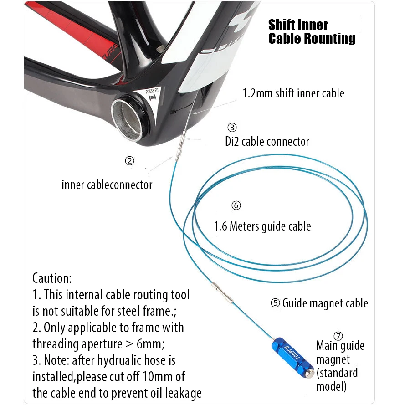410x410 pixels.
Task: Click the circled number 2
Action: pyautogui.click(x=130, y=161)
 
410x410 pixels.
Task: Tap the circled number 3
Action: pyautogui.click(x=232, y=127)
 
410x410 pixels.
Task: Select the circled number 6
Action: pyautogui.click(x=236, y=205)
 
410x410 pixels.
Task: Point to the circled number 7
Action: pyautogui.click(x=338, y=336)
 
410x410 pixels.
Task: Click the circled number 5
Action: pyautogui.click(x=275, y=303)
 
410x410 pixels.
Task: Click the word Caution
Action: pyautogui.click(x=52, y=278)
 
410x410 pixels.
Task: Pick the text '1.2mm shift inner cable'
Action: pyautogui.click(x=293, y=93)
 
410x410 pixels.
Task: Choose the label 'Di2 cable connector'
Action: pyautogui.click(x=267, y=142)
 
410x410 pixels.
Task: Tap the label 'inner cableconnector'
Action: pyautogui.click(x=107, y=185)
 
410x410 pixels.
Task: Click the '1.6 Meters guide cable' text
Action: pyautogui.click(x=262, y=226)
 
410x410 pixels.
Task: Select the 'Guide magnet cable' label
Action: pyautogui.click(x=325, y=303)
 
